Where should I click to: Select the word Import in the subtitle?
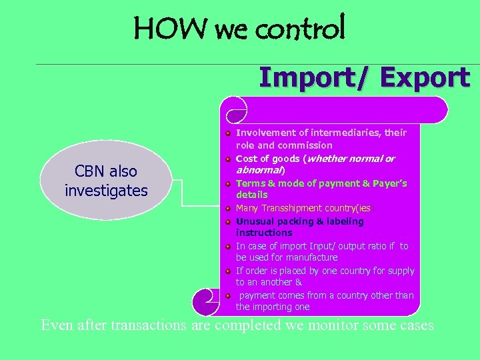[307, 78]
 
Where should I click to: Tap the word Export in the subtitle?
[426, 78]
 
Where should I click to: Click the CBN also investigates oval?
[107, 181]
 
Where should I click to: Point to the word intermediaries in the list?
[333, 133]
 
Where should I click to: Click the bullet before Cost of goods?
[228, 159]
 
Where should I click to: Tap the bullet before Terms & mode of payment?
[228, 183]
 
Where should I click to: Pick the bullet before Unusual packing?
[228, 221]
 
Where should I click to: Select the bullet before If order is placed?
[228, 271]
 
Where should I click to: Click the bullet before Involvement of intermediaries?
[228, 133]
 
